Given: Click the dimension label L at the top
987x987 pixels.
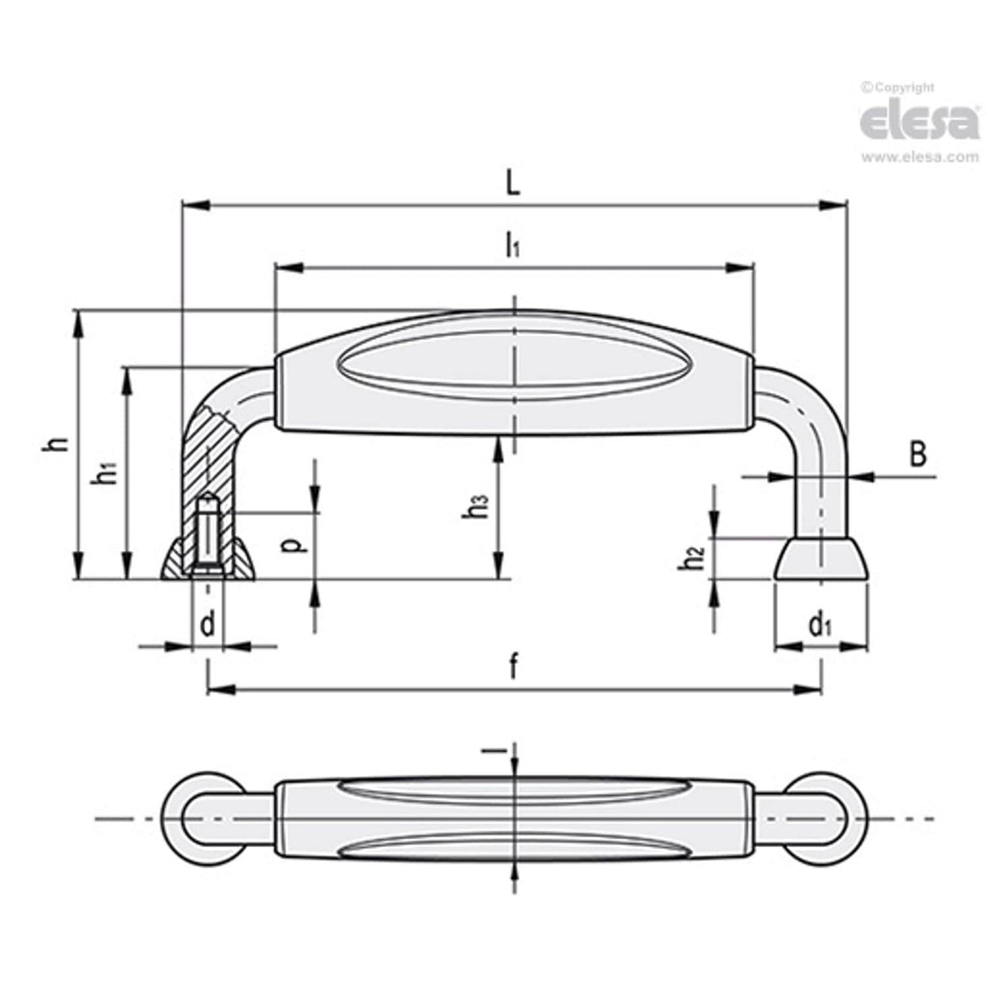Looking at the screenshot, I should click(x=512, y=184).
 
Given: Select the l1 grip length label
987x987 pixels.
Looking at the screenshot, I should click(x=511, y=244).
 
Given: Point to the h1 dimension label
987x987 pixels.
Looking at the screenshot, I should click(x=104, y=472).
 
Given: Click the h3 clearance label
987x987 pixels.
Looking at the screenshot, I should click(x=478, y=508).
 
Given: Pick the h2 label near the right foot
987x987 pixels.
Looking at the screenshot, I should click(x=691, y=559).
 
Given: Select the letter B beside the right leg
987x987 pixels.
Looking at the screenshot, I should click(x=917, y=455).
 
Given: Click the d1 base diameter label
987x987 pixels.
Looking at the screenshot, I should click(x=820, y=625).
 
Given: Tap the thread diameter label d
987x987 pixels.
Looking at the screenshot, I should click(x=208, y=625).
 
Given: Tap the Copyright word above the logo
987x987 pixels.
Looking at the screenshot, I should click(x=902, y=88).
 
